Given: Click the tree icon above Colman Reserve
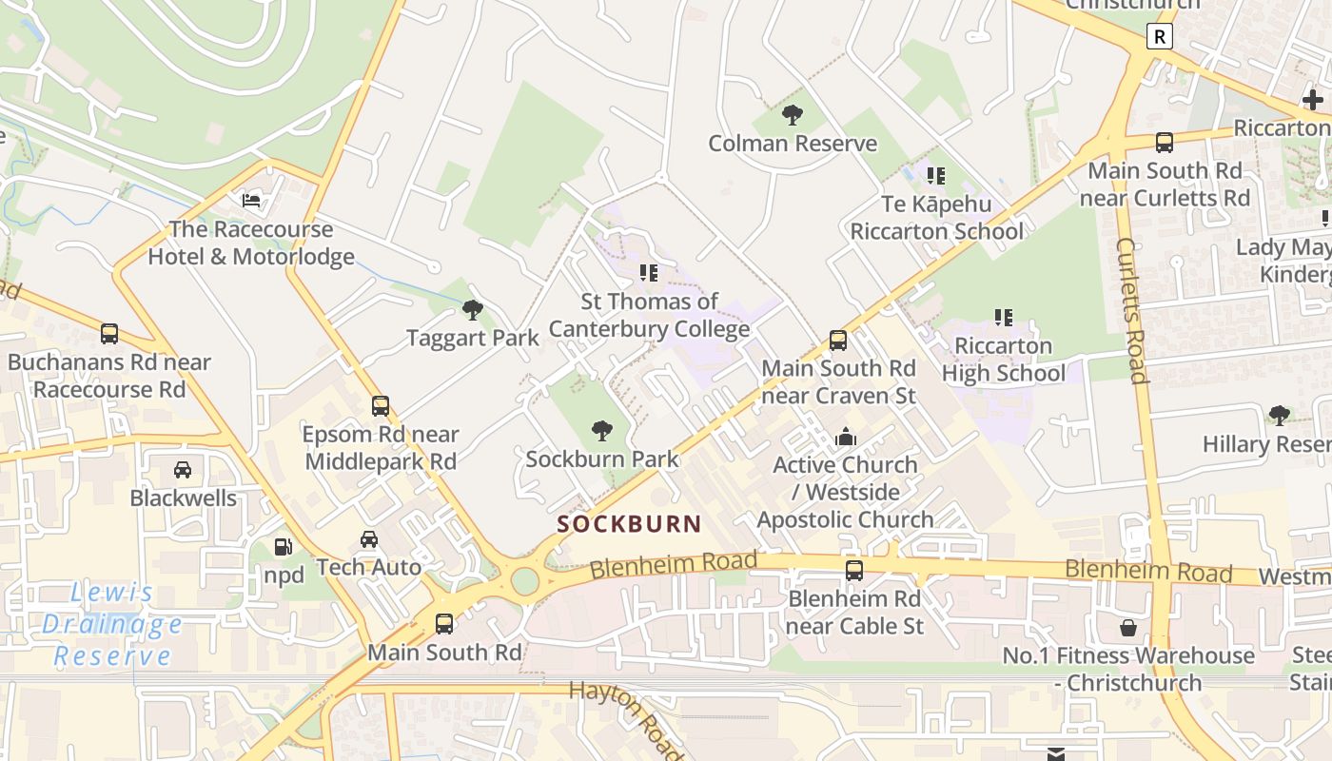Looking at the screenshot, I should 792,115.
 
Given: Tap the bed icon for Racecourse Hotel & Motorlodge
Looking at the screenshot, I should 251,201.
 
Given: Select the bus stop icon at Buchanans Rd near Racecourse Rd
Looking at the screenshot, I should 109,334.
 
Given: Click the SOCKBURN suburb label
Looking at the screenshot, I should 629,524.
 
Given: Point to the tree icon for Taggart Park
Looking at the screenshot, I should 472,310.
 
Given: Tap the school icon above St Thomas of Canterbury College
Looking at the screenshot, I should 649,273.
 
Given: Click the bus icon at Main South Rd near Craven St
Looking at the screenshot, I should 838,341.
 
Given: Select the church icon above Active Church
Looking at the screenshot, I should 845,438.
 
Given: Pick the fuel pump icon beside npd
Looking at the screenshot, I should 283,547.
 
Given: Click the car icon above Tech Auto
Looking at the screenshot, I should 369,539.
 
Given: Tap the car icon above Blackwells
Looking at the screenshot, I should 183,470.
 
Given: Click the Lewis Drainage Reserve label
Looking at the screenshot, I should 112,624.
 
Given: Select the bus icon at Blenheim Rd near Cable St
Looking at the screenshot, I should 854,571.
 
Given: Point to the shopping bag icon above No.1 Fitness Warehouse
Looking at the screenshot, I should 1128,628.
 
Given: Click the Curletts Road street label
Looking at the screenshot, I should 1130,310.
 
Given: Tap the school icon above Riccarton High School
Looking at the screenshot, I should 1003,317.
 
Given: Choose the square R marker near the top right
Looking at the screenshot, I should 1159,37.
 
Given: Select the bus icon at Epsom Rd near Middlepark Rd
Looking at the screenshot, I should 381,406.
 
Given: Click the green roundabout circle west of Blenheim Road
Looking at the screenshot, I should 524,580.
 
